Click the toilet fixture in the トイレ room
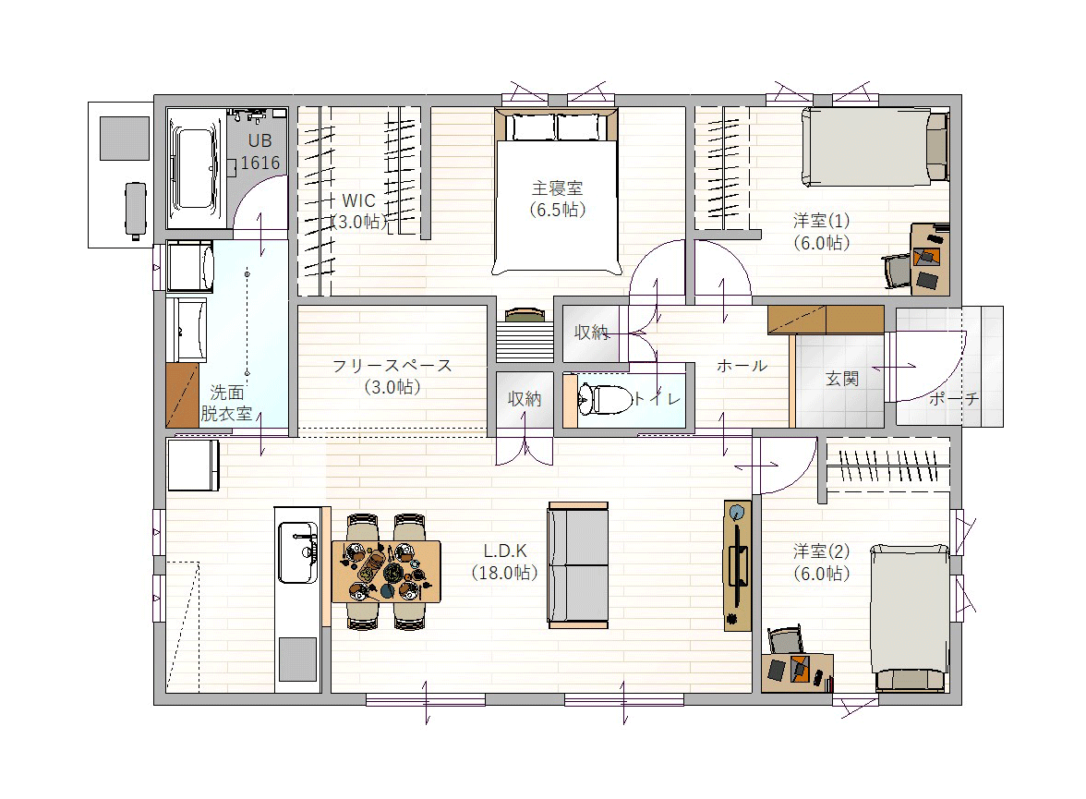[x=604, y=399]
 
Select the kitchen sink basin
[x=297, y=552]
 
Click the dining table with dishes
[x=386, y=572]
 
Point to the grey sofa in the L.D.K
[x=578, y=565]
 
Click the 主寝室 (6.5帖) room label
[x=558, y=199]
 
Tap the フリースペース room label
[x=392, y=365]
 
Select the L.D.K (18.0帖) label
[x=505, y=562]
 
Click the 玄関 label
[x=842, y=379]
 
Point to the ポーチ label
[x=954, y=398]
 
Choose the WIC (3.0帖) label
[x=358, y=212]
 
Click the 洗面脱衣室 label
[x=226, y=404]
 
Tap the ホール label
[x=742, y=365]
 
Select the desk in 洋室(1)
[x=929, y=260]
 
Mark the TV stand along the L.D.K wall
[x=738, y=565]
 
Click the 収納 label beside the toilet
[x=525, y=398]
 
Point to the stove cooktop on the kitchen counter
[x=297, y=660]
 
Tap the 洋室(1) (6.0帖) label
[x=822, y=232]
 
